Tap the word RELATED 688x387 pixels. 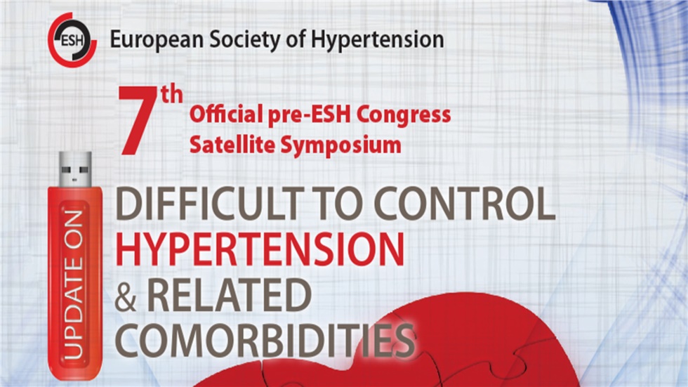[x=229, y=297]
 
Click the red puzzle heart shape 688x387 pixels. [x=449, y=344]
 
